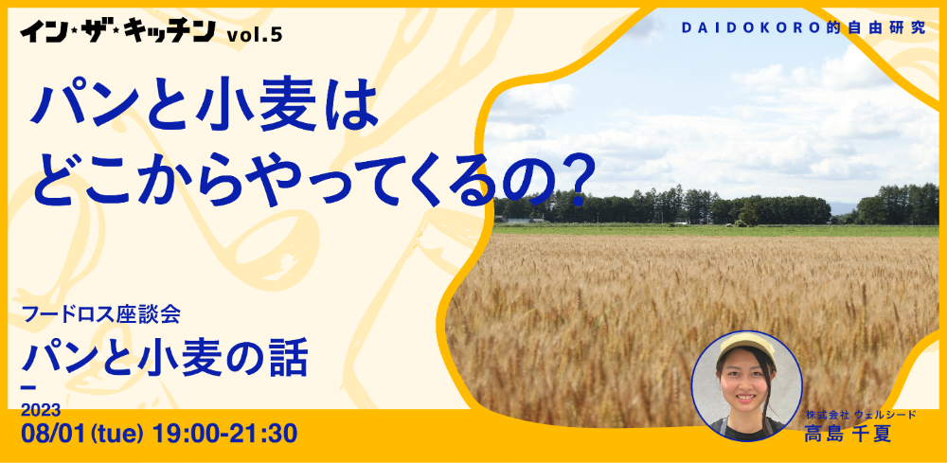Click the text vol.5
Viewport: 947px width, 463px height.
tap(254, 36)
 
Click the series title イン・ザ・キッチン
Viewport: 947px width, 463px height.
tap(117, 31)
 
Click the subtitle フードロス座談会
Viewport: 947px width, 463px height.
tap(100, 314)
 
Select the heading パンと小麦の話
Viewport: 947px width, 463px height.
tap(164, 358)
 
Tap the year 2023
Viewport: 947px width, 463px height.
tap(41, 411)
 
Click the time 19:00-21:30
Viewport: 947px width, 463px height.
tap(224, 433)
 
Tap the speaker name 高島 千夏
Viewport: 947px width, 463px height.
tap(848, 434)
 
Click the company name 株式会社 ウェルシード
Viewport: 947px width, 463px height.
tap(861, 415)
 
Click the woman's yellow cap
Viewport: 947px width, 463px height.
tap(745, 346)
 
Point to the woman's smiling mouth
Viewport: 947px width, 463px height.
tap(744, 398)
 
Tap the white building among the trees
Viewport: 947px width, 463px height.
tap(518, 221)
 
